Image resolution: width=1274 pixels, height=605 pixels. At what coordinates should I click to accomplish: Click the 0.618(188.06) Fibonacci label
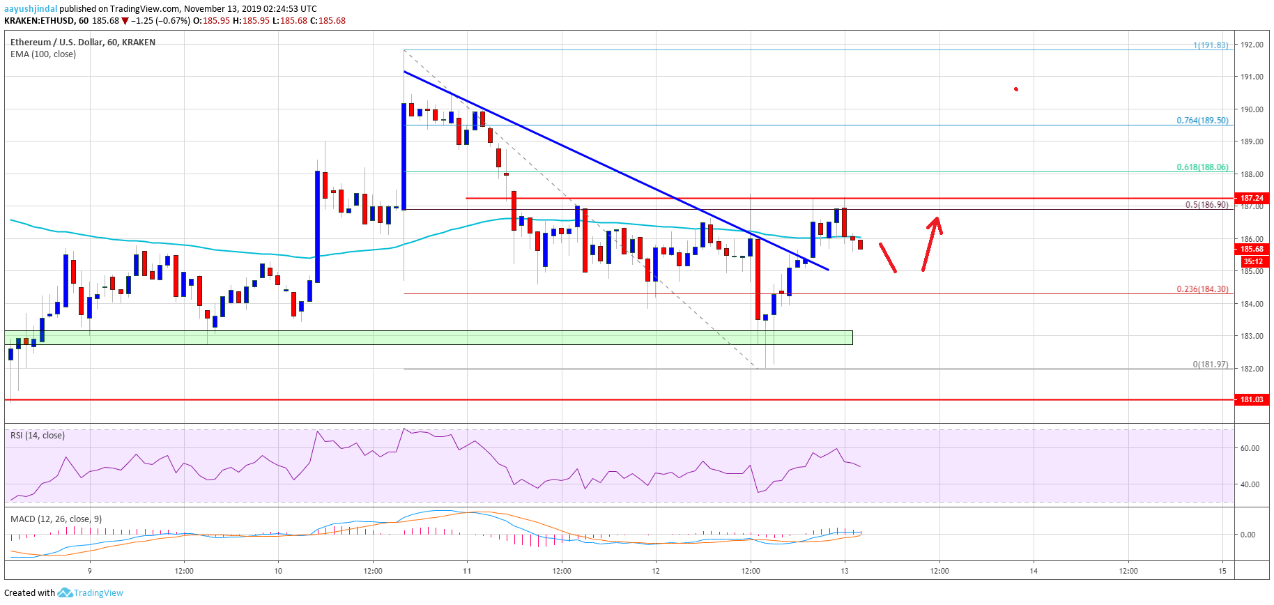(x=1202, y=167)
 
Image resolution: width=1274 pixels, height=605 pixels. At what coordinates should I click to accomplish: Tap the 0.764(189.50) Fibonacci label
(x=1202, y=121)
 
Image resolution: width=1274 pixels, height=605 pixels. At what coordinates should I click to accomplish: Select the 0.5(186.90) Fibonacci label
(x=1206, y=205)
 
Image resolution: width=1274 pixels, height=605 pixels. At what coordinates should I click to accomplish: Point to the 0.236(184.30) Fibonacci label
(x=1202, y=289)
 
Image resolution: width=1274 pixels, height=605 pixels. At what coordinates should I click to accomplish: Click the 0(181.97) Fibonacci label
(x=1210, y=365)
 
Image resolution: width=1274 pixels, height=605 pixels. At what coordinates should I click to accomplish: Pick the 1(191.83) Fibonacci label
(x=1210, y=45)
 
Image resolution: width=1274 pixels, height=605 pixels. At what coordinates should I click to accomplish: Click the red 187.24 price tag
(x=1252, y=198)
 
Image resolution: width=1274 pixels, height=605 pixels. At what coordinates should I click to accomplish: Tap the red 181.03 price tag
(x=1252, y=399)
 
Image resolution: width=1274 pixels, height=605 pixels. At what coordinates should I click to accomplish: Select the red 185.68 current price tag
(x=1252, y=249)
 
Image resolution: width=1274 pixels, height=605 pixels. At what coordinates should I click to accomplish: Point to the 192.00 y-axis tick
(x=1252, y=45)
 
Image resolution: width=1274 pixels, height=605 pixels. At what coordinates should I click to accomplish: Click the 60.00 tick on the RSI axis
(x=1250, y=448)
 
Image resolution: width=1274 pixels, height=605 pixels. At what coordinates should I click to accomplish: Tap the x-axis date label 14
(x=1034, y=571)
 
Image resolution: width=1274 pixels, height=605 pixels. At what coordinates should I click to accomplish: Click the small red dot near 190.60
(x=1016, y=89)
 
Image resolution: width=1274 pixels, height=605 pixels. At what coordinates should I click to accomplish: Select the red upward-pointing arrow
(x=932, y=243)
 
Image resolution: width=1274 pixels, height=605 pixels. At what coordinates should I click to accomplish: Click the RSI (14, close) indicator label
(x=38, y=436)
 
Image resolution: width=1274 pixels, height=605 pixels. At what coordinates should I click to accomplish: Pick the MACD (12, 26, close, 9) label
(x=56, y=519)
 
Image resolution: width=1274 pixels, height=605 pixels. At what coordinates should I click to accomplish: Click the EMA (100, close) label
(x=43, y=54)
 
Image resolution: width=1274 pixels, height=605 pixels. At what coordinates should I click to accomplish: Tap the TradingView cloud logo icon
(x=65, y=593)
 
